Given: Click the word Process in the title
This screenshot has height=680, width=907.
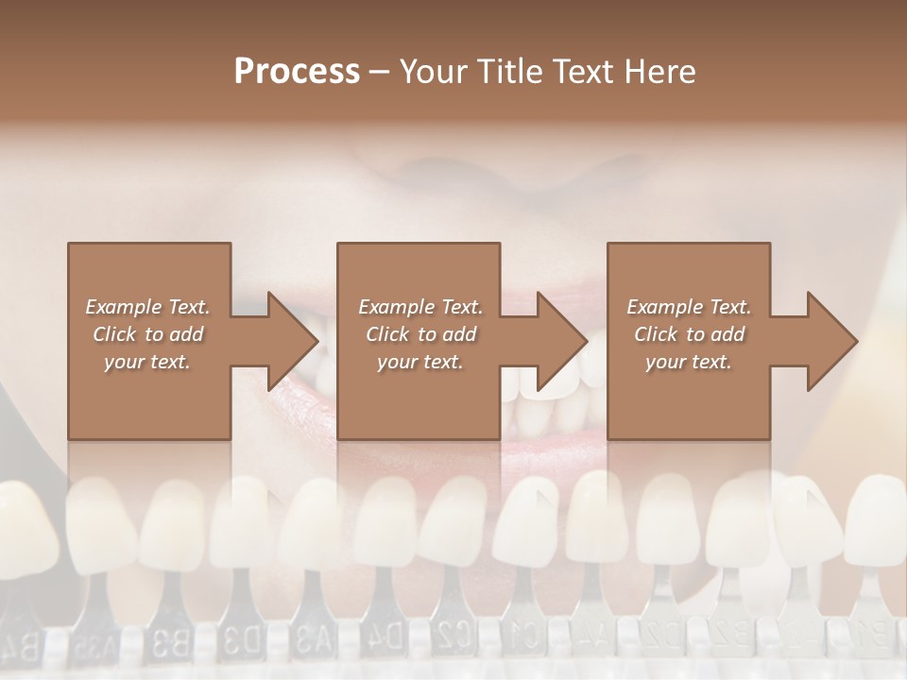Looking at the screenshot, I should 297,71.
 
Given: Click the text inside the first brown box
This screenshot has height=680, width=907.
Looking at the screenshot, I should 148,334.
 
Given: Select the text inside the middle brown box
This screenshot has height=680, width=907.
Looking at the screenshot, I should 420,334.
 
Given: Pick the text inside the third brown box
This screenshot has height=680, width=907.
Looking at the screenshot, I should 689,334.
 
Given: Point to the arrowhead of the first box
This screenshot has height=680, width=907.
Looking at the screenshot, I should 293,341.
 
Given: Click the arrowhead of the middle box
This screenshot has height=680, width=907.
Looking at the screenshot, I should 562,341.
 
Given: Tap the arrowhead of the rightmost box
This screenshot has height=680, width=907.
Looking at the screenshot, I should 832,341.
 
